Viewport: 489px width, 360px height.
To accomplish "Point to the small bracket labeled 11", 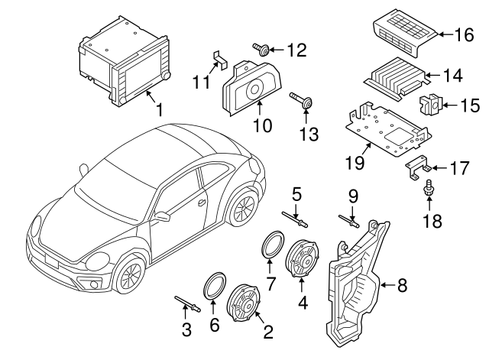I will tap(218, 58).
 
